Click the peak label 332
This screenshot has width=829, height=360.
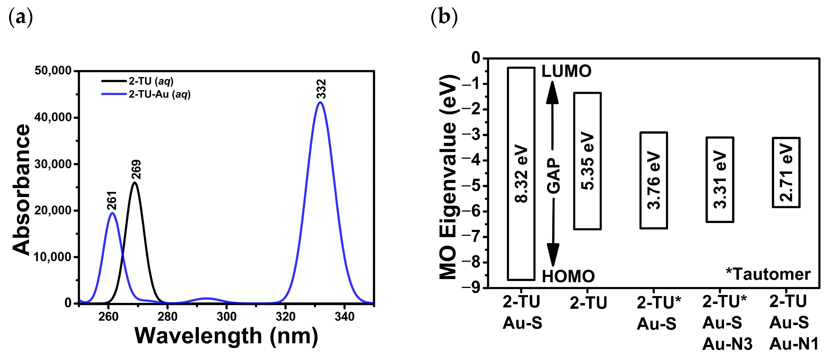(x=321, y=89)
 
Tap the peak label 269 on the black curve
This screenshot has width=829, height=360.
(x=136, y=170)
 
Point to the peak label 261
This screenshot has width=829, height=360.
(x=112, y=200)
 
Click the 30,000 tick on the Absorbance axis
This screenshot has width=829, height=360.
(x=53, y=164)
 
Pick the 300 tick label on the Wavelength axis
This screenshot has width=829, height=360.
(x=226, y=316)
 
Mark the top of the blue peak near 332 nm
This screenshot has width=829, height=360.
(x=320, y=102)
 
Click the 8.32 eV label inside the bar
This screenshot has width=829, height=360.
(x=521, y=174)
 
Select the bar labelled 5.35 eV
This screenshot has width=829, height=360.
(x=587, y=161)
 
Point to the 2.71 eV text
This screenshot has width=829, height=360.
(x=786, y=173)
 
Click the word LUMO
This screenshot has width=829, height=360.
(x=566, y=71)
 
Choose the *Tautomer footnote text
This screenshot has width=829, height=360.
(x=768, y=274)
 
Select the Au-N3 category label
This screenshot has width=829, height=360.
(x=727, y=344)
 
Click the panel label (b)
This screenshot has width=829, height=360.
(x=444, y=16)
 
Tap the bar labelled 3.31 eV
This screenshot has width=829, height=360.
(x=720, y=179)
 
